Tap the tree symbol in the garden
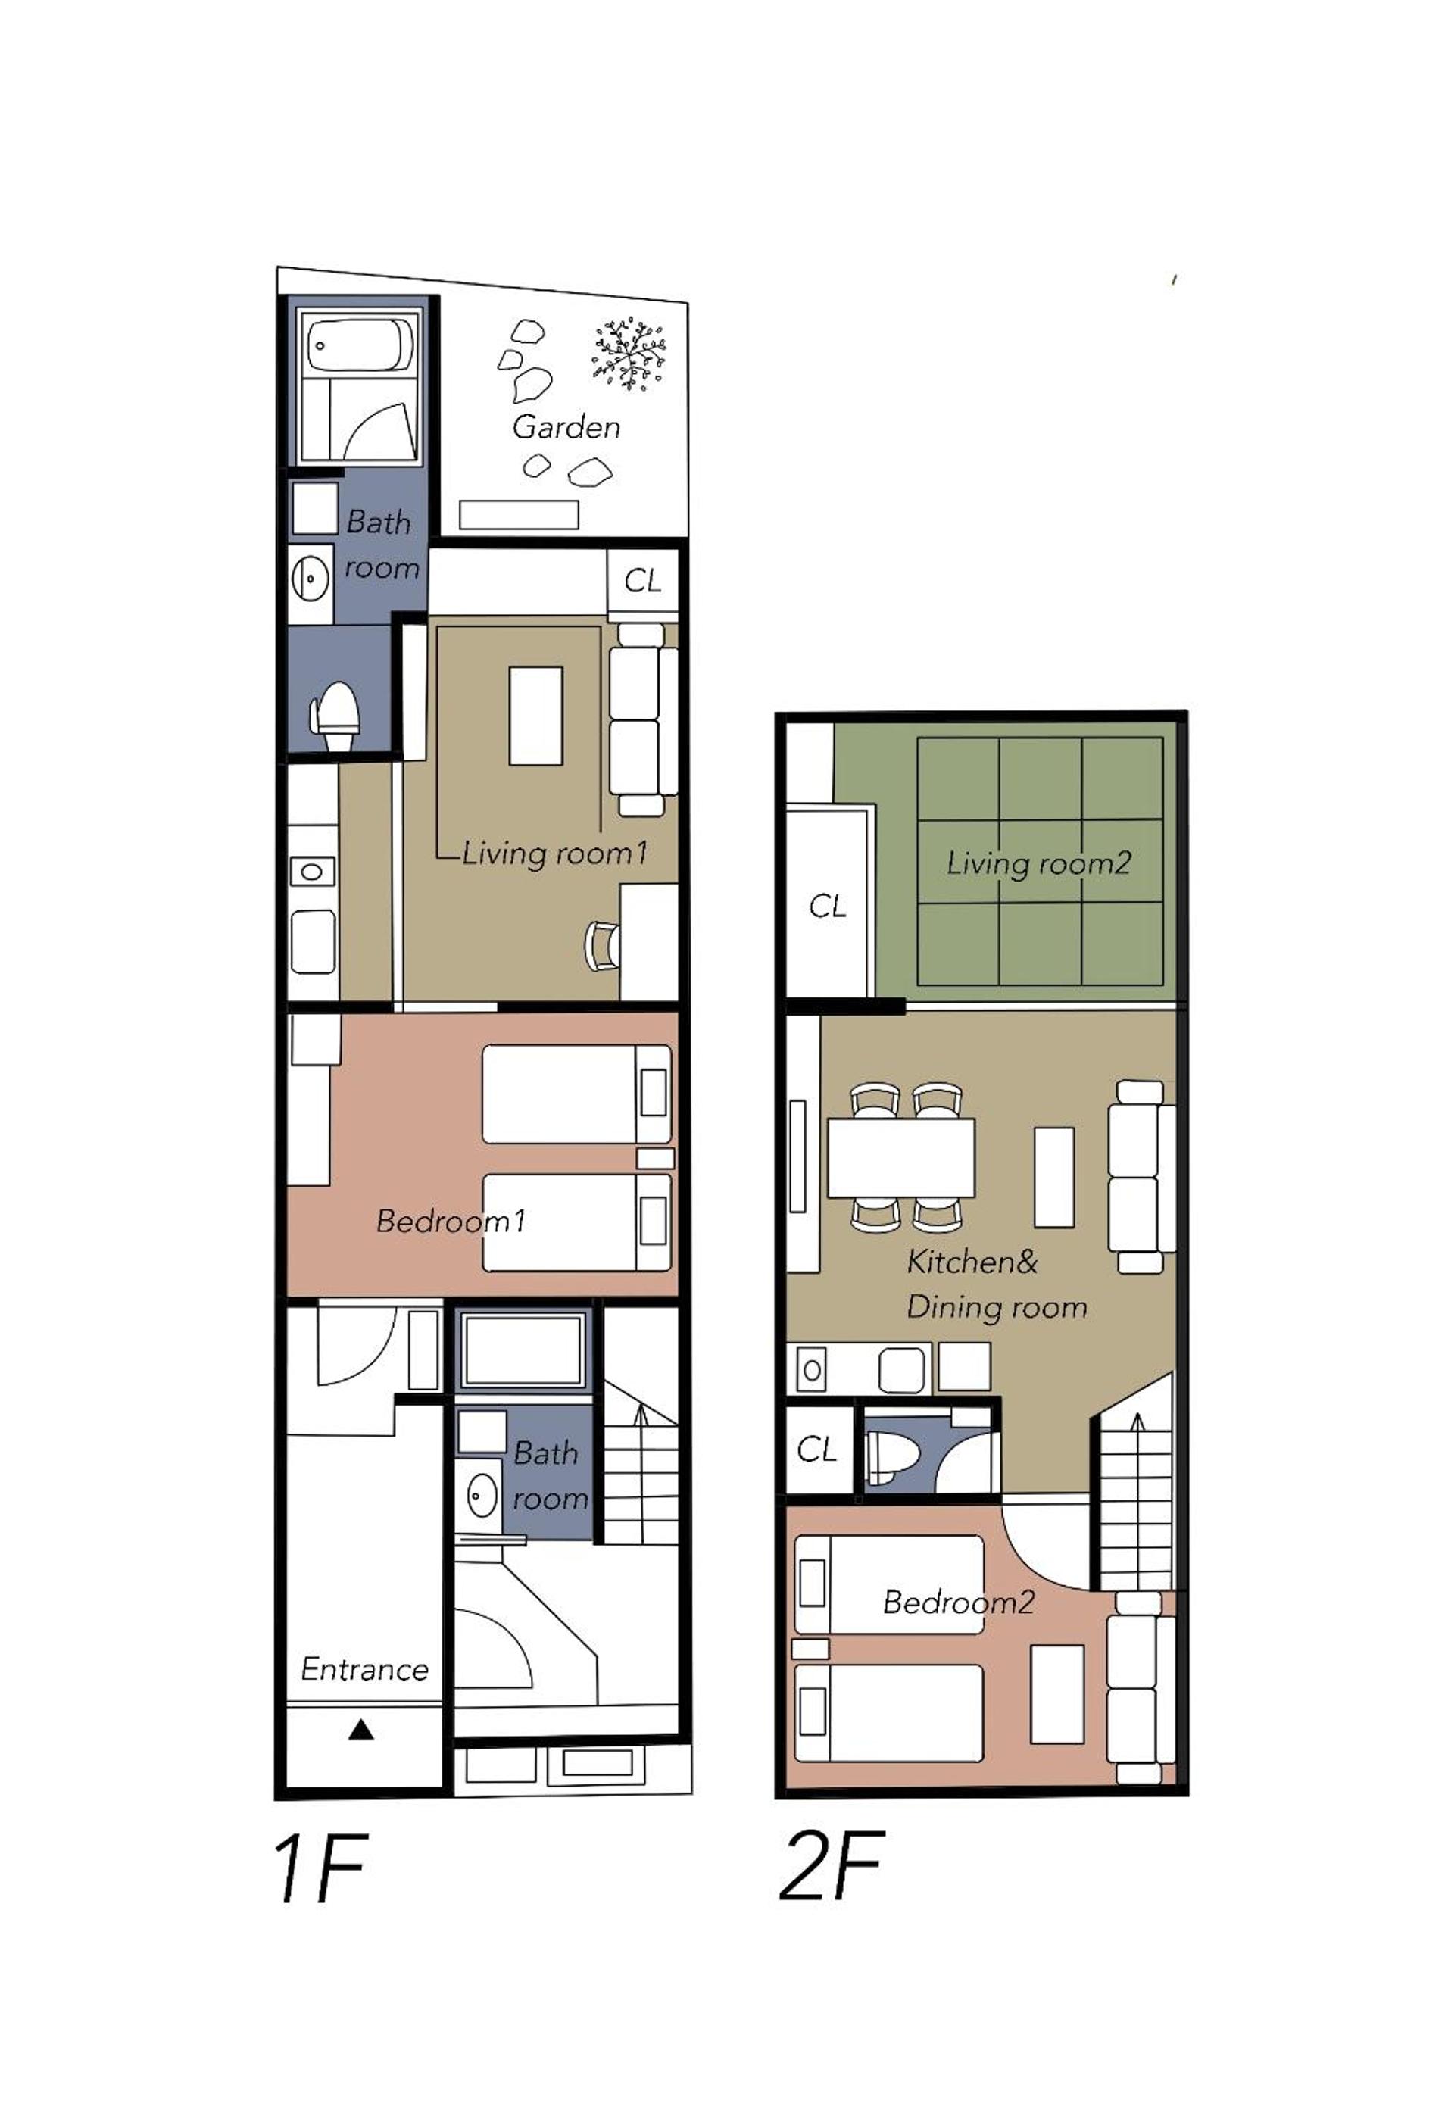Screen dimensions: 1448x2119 [x=629, y=353]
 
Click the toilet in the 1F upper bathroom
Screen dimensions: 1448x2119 [x=335, y=716]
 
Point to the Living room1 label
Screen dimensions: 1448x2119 [x=554, y=853]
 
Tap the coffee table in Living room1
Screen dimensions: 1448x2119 [x=535, y=716]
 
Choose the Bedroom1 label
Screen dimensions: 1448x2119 [x=451, y=1221]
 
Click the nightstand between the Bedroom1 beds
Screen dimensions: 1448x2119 [x=654, y=1158]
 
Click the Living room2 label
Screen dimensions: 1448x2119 [x=1038, y=863]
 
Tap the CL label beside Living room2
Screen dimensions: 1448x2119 [x=827, y=906]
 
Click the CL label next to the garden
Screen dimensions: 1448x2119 [x=642, y=581]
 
